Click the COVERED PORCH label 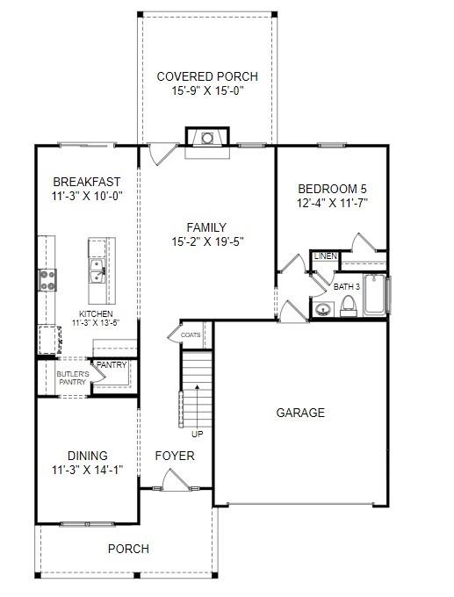click(207, 76)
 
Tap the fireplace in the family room click(207, 138)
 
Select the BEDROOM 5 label click(331, 189)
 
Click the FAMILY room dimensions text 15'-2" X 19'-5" click(207, 241)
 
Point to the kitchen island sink click(95, 269)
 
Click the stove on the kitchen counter click(47, 279)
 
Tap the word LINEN click(325, 256)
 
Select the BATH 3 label click(347, 286)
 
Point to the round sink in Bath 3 click(322, 309)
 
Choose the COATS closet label click(191, 334)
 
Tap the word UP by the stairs click(198, 433)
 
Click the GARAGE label click(300, 413)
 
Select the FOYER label click(174, 457)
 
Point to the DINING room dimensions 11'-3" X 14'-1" click(87, 470)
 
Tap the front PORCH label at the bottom click(128, 549)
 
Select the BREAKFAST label click(87, 182)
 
